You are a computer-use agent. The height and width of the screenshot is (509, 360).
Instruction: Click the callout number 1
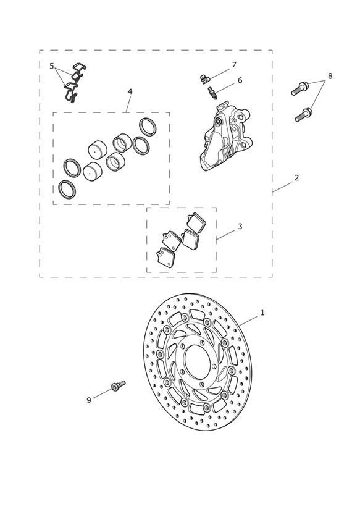tap(262, 313)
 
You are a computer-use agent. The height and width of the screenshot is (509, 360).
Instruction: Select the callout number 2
tap(296, 178)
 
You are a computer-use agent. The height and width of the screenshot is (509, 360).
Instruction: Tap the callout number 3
tap(240, 226)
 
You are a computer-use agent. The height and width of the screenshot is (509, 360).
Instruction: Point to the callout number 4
tap(130, 91)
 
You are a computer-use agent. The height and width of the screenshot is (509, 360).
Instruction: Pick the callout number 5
tap(52, 66)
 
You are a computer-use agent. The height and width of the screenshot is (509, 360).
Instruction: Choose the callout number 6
tap(240, 80)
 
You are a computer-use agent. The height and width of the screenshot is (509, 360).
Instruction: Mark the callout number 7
tap(234, 65)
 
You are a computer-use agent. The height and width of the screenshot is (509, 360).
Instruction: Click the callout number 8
tap(330, 76)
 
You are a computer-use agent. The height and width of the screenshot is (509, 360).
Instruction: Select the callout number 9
tap(89, 400)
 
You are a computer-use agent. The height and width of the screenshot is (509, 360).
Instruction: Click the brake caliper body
tap(225, 137)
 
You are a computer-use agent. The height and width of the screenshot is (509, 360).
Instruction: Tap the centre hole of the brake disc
tap(197, 361)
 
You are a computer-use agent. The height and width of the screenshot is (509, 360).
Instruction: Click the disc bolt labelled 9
tap(118, 385)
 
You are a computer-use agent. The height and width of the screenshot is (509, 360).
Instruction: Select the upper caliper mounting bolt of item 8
tap(299, 88)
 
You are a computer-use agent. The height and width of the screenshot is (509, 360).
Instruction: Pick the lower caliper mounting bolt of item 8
tap(304, 115)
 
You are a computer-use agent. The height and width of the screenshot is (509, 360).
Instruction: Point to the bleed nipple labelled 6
tap(213, 93)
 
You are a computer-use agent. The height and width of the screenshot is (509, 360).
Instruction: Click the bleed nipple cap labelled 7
tap(204, 79)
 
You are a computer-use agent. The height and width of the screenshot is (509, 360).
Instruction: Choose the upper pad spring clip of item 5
tap(79, 72)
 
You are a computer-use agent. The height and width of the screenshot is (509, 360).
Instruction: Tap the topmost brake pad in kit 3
tap(196, 222)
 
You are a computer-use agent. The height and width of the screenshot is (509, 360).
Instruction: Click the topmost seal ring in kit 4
tap(148, 126)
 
